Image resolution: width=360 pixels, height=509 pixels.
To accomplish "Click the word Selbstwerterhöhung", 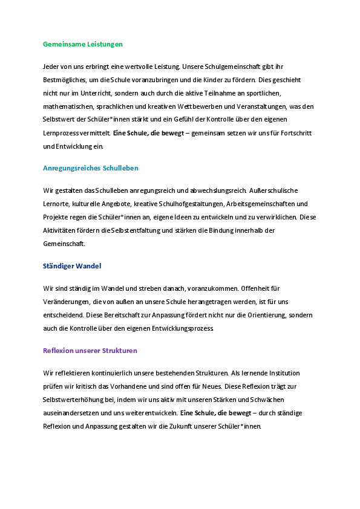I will [71, 400].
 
